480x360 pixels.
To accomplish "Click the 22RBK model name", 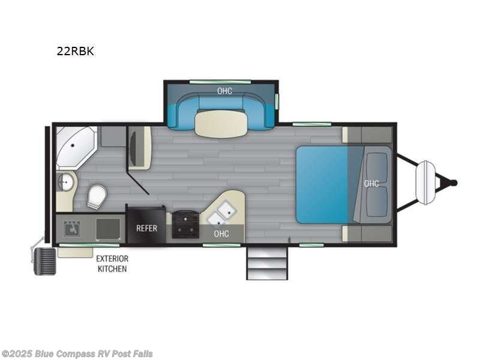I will coord(75,51).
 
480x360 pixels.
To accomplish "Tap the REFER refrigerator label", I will coord(147,228).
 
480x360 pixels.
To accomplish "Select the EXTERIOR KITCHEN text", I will coord(112,264).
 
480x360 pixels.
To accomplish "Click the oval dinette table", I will coord(221,123).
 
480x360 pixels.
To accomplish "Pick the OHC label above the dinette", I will coord(224,91).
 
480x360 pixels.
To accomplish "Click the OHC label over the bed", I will coord(371,184).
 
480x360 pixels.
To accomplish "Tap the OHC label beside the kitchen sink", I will coord(221,233).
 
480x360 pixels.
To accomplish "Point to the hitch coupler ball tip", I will coord(454,182).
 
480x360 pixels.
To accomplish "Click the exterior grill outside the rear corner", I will coord(44,262).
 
